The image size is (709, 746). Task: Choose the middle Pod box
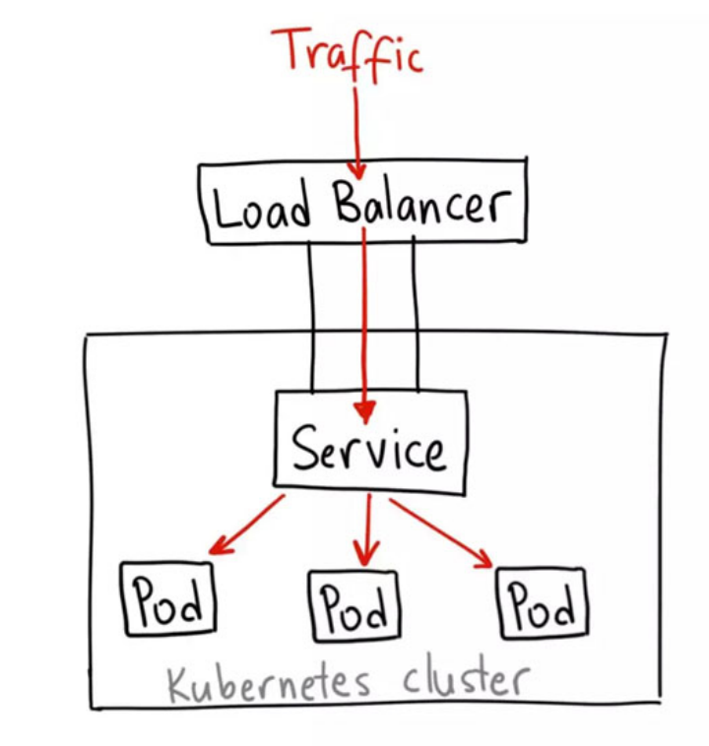355,605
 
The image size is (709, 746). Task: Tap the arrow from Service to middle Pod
367,531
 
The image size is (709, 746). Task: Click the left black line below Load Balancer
312,315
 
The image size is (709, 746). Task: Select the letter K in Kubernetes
178,682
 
